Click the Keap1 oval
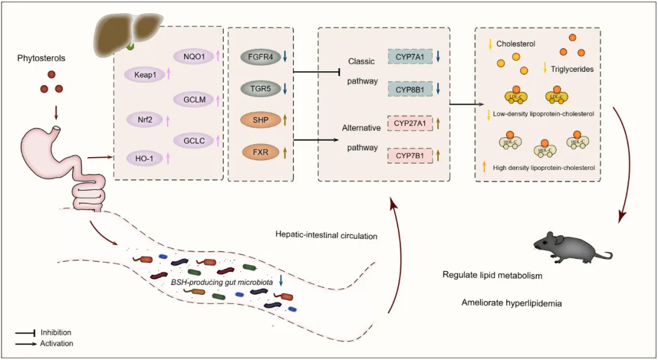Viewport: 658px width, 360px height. [141, 75]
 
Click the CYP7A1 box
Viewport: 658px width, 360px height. [410, 57]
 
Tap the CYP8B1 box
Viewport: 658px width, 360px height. [410, 89]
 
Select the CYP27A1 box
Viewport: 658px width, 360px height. [409, 124]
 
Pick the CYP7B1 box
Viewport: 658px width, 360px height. [409, 155]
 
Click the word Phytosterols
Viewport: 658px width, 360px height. [42, 58]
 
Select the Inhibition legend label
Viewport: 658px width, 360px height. [56, 333]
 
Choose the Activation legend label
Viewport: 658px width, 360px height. [57, 344]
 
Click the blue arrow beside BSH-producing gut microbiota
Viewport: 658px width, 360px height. [280, 280]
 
